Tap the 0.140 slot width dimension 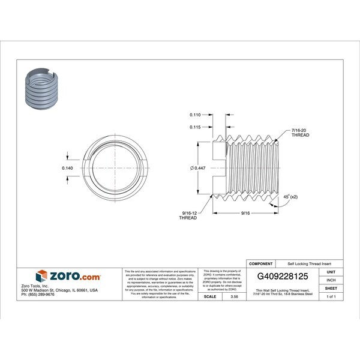[68, 168]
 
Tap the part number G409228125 [286, 277]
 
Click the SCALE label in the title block [210, 296]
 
